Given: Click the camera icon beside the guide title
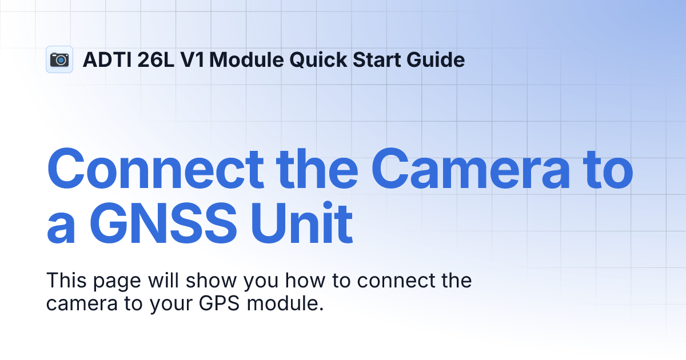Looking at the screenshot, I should pyautogui.click(x=59, y=59).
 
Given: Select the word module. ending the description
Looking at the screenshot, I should pyautogui.click(x=285, y=303).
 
